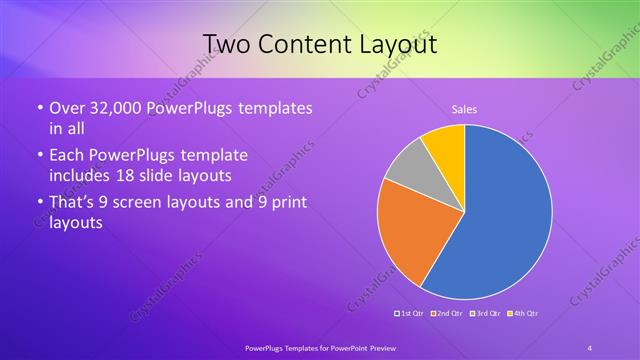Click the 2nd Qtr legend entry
tap(450, 313)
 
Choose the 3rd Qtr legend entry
tap(487, 313)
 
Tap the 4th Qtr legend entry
tap(525, 313)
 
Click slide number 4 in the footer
tap(590, 346)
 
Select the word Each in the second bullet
tap(66, 156)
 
